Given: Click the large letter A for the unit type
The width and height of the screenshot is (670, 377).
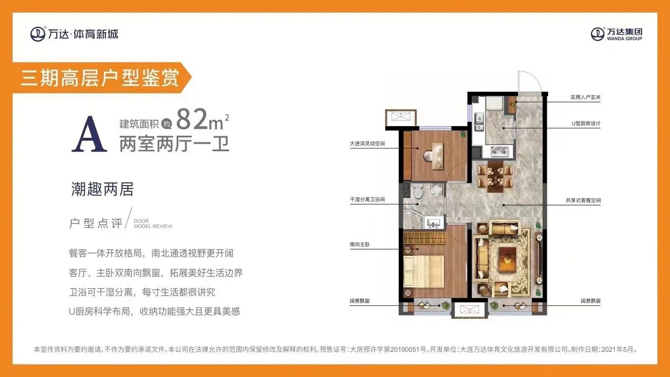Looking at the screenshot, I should coord(89,135).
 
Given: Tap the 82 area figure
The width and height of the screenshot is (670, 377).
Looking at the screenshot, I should coord(192,119).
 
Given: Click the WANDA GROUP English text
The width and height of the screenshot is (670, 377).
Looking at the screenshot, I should coord(624,39).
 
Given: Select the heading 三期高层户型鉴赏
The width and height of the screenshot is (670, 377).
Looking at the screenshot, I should coord(100,78).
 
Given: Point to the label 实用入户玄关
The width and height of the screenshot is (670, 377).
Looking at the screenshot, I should coord(585,97).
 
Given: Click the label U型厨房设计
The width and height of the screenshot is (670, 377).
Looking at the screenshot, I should coord(586,123).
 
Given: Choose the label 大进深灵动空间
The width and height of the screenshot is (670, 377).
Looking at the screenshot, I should coord(367,143).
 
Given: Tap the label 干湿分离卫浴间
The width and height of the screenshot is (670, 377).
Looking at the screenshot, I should coord(367,199).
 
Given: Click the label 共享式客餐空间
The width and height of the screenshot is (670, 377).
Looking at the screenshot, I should coord(583,200).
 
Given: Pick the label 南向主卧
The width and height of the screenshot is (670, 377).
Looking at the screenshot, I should coord(359,244).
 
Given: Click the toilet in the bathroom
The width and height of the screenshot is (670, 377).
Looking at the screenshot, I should coord(417,191).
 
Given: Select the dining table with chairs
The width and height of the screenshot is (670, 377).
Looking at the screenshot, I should coord(495,176).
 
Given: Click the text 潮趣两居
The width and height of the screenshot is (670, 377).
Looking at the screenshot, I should coord(102,189).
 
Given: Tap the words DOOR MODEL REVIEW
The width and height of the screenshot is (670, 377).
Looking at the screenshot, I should coord(153,224).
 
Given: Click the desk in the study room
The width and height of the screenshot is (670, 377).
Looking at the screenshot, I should coord(437,156).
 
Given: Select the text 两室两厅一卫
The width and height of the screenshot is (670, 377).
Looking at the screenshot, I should coord(174,144).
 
